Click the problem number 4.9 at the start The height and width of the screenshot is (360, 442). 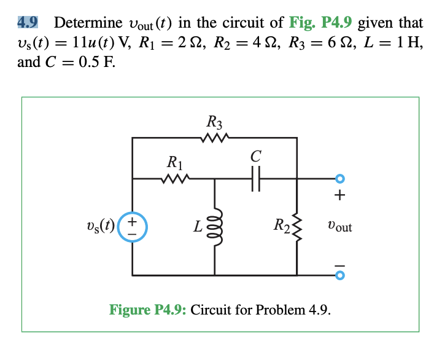coord(28,23)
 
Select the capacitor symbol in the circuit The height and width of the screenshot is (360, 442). coord(256,179)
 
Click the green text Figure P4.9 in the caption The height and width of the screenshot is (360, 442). coord(148,309)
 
